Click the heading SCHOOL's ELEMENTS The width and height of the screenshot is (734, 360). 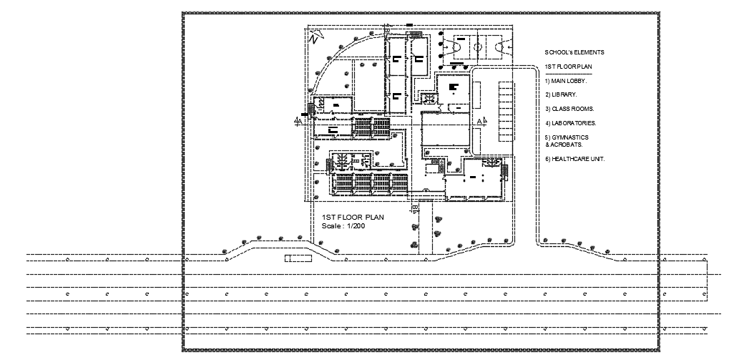574,52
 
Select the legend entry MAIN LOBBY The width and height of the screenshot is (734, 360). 565,80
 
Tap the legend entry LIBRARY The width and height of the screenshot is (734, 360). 561,94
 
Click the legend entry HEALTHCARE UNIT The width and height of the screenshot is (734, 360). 574,159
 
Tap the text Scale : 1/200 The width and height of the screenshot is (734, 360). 343,226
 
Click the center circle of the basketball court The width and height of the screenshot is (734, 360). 476,47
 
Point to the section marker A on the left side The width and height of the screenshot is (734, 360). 298,122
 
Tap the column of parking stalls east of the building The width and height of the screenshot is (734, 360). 505,111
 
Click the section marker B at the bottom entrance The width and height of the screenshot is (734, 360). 415,208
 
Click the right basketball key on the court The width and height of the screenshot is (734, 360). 504,47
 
